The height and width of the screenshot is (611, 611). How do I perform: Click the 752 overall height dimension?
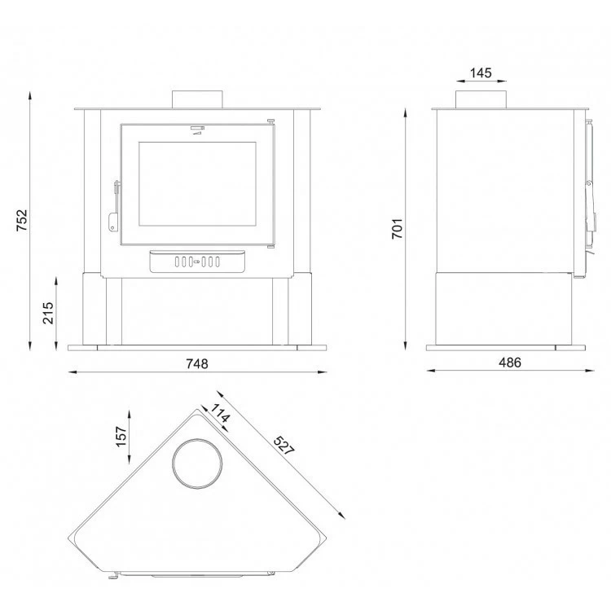pyautogui.click(x=22, y=220)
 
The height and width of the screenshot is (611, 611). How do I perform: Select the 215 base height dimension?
pyautogui.click(x=48, y=313)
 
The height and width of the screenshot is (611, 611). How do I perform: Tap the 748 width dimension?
pyautogui.click(x=197, y=364)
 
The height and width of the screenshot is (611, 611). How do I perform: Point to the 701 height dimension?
pyautogui.click(x=397, y=228)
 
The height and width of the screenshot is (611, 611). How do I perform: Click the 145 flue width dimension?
pyautogui.click(x=481, y=73)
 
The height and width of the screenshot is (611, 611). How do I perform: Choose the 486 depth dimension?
pyautogui.click(x=510, y=363)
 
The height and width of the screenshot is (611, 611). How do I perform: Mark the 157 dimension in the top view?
pyautogui.click(x=121, y=437)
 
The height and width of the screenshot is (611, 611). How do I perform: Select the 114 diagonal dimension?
pyautogui.click(x=220, y=413)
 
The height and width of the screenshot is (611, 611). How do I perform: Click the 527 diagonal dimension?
pyautogui.click(x=284, y=446)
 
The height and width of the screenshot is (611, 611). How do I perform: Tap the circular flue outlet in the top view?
pyautogui.click(x=198, y=464)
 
